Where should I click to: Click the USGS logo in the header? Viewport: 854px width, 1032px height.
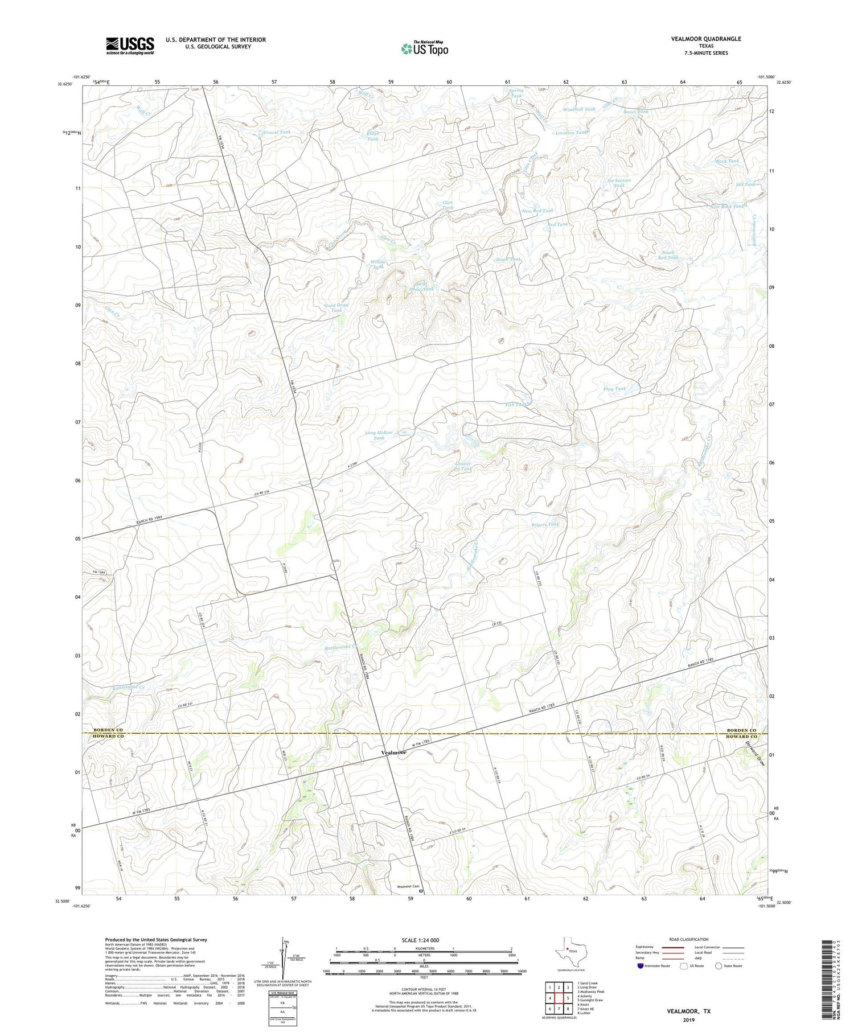point(130,46)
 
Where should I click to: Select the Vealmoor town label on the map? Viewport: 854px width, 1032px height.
point(394,752)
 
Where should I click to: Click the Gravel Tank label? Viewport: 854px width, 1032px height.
point(277,132)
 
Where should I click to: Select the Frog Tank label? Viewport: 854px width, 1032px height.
point(614,389)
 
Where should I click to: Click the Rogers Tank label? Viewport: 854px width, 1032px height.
point(545,524)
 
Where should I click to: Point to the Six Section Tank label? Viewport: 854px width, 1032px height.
point(619,183)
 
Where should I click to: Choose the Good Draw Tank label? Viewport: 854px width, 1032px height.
point(336,307)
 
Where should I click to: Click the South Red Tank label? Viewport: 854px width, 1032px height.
point(668,255)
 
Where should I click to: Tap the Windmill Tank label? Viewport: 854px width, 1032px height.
point(579,109)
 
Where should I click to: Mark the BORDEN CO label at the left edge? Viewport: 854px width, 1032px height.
point(109,730)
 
